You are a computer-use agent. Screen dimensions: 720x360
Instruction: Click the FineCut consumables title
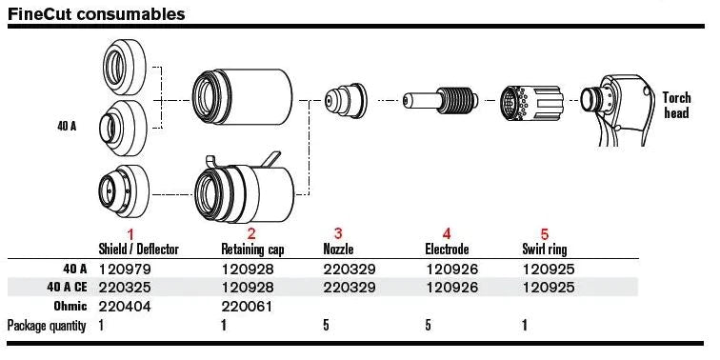point(96,13)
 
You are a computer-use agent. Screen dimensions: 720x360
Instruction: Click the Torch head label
point(676,105)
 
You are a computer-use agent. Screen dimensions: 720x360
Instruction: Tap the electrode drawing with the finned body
point(441,100)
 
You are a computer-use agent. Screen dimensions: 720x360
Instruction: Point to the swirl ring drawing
point(531,105)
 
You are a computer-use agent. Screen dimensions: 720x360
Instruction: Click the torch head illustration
point(617,110)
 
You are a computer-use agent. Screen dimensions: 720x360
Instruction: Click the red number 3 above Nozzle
point(338,233)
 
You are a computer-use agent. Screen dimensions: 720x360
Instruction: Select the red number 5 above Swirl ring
point(545,233)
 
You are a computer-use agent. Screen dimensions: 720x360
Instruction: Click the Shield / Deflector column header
point(138,250)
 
